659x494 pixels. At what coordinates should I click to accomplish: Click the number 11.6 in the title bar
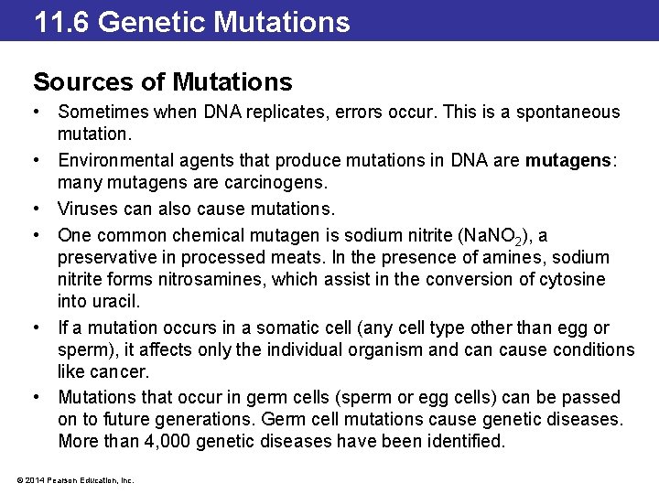coord(62,21)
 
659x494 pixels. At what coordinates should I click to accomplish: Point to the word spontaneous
coord(568,113)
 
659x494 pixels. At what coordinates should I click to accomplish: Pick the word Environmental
coord(112,160)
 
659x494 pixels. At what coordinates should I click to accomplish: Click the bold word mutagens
coord(567,160)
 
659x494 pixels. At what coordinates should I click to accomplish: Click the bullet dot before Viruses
coord(38,208)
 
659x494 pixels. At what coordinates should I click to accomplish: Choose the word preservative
coord(110,258)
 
